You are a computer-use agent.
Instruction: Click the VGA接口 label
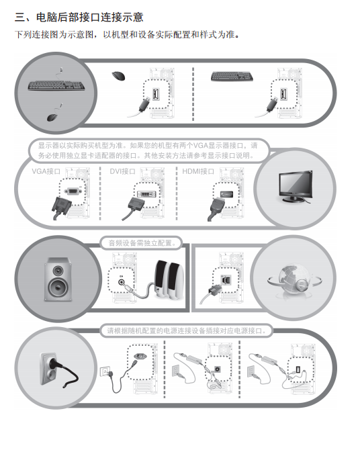point(46,171)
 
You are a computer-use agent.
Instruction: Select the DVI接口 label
point(122,171)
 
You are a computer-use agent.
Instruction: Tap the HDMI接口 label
point(198,171)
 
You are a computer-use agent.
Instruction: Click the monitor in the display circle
point(296,187)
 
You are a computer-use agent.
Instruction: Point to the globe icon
point(294,279)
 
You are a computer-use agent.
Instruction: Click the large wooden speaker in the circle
point(58,279)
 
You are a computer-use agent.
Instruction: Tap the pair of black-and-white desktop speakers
point(169,279)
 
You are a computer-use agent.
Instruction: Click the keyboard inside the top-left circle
point(56,85)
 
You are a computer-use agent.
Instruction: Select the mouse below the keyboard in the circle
point(53,118)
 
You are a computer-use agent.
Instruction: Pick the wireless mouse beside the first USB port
point(118,76)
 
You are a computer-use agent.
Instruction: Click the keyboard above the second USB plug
point(232,77)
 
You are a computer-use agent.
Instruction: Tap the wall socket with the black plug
point(58,370)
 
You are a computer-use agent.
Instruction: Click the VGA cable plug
point(61,207)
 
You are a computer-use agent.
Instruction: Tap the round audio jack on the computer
point(122,281)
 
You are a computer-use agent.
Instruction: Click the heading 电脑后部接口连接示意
point(89,17)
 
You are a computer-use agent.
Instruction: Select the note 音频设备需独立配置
point(142,243)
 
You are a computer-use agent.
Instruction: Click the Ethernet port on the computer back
point(226,279)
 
